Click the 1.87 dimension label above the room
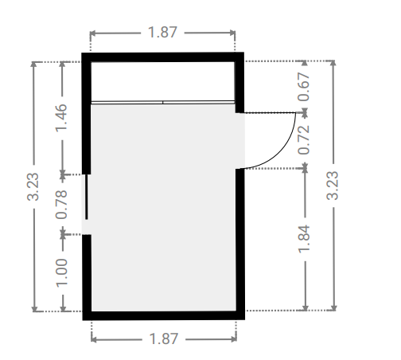point(162,33)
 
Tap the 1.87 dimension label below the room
point(164,338)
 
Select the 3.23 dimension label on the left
point(33,186)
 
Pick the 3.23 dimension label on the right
point(333,186)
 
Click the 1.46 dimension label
point(61,118)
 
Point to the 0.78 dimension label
point(61,205)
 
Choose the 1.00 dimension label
point(61,272)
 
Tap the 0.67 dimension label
point(304,87)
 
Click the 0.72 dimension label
point(304,140)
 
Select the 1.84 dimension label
point(304,239)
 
